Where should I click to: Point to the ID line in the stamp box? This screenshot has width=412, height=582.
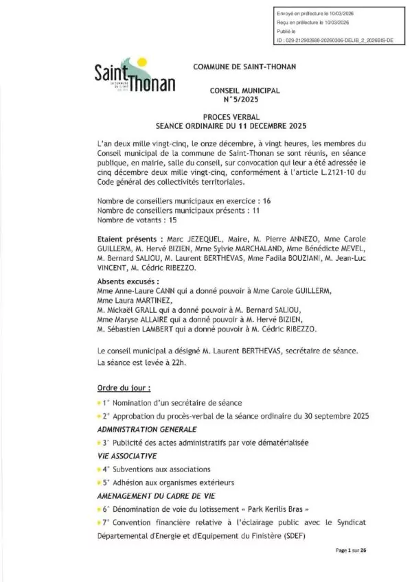click(x=333, y=40)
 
